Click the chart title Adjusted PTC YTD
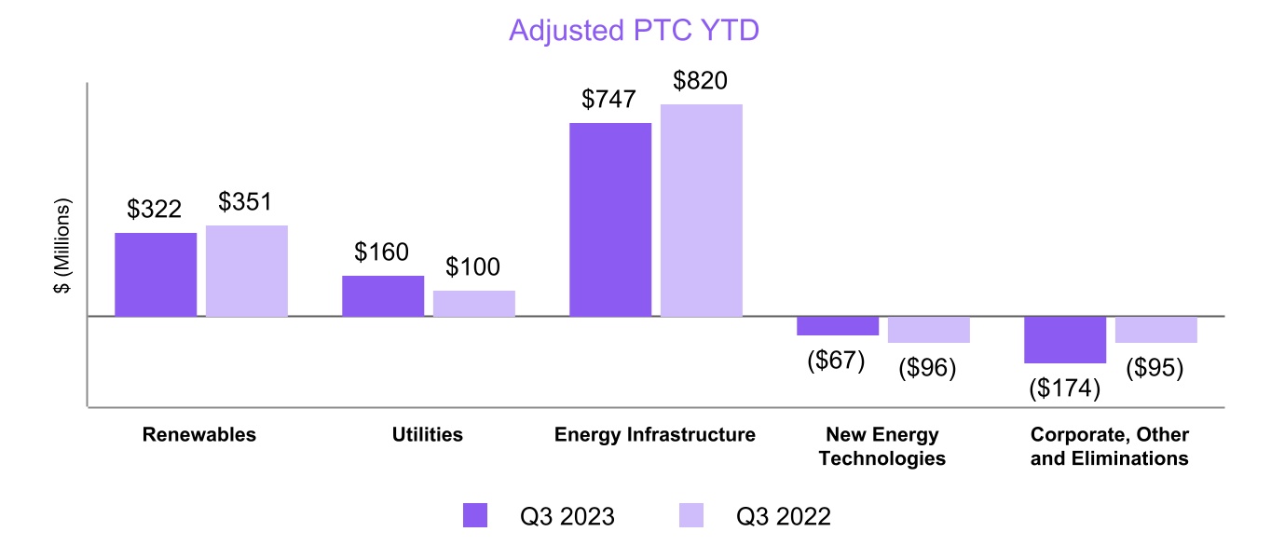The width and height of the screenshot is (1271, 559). [x=634, y=30]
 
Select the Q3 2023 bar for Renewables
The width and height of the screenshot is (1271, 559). [x=156, y=275]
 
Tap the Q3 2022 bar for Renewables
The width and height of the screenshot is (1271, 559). [x=247, y=271]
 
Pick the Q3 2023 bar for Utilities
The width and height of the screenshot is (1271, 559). [x=383, y=296]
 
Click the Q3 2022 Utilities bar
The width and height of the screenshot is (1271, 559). [x=474, y=304]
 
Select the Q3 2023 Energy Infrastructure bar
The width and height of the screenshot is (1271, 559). [x=610, y=220]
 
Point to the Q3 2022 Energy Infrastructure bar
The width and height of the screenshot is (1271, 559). [x=702, y=211]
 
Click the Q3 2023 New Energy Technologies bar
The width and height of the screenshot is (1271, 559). [x=838, y=326]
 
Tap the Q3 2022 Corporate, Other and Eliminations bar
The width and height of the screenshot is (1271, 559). [x=1156, y=330]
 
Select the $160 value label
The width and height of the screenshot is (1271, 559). [x=382, y=252]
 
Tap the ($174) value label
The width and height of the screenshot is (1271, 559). [x=1065, y=389]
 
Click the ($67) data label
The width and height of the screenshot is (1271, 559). [x=837, y=361]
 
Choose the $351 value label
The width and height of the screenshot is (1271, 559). [x=246, y=202]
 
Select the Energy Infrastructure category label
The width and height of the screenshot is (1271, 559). [x=655, y=435]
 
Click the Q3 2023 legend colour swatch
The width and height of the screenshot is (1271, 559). [x=475, y=516]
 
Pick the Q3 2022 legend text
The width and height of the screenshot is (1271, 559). [x=784, y=516]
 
